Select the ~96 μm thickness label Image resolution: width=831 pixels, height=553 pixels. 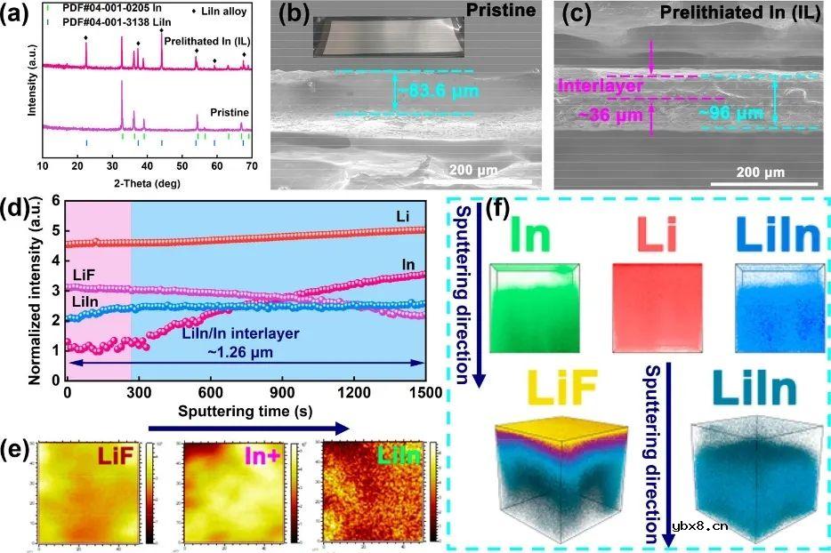(x=730, y=113)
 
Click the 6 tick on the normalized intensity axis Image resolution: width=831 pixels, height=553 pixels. (x=55, y=202)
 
